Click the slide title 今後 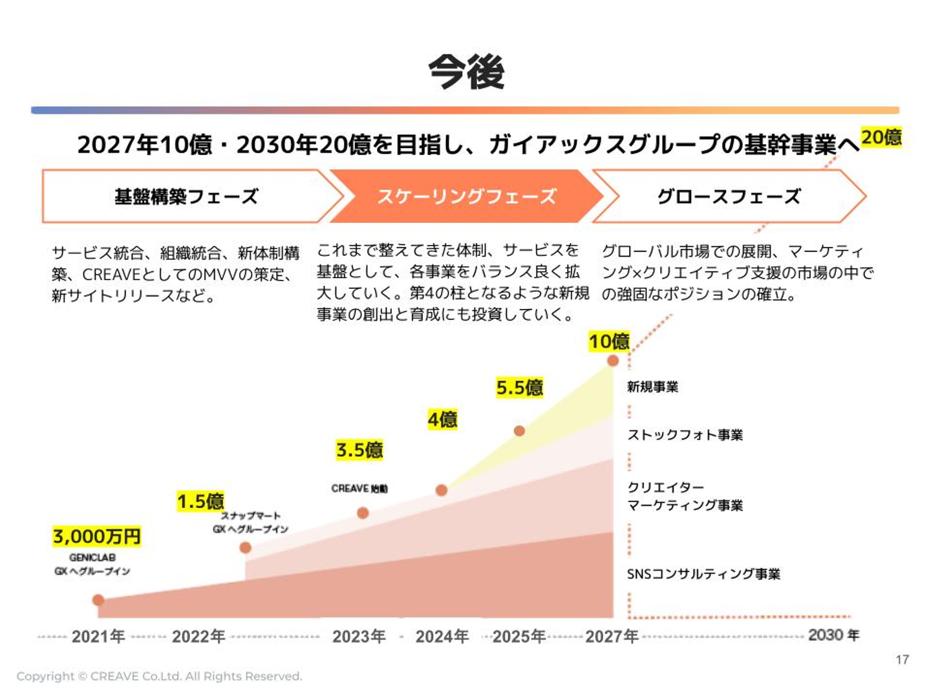coord(466,71)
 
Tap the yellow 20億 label coord(881,138)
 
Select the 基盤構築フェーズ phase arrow coord(186,196)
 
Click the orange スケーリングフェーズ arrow coord(466,196)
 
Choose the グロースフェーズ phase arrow coord(729,196)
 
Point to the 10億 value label coord(608,341)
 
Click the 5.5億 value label coord(519,387)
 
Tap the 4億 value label coord(442,419)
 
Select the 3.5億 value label coord(359,450)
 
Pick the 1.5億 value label coord(200,501)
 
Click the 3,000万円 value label coord(97,536)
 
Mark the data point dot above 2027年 coord(613,361)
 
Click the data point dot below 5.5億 coord(519,430)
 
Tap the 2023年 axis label coord(359,637)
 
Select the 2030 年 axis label coord(833,635)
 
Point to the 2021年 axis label coord(98,637)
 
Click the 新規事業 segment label coord(652,386)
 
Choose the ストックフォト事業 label coord(685,434)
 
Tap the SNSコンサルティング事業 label coord(703,574)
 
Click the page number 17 coord(902,659)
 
